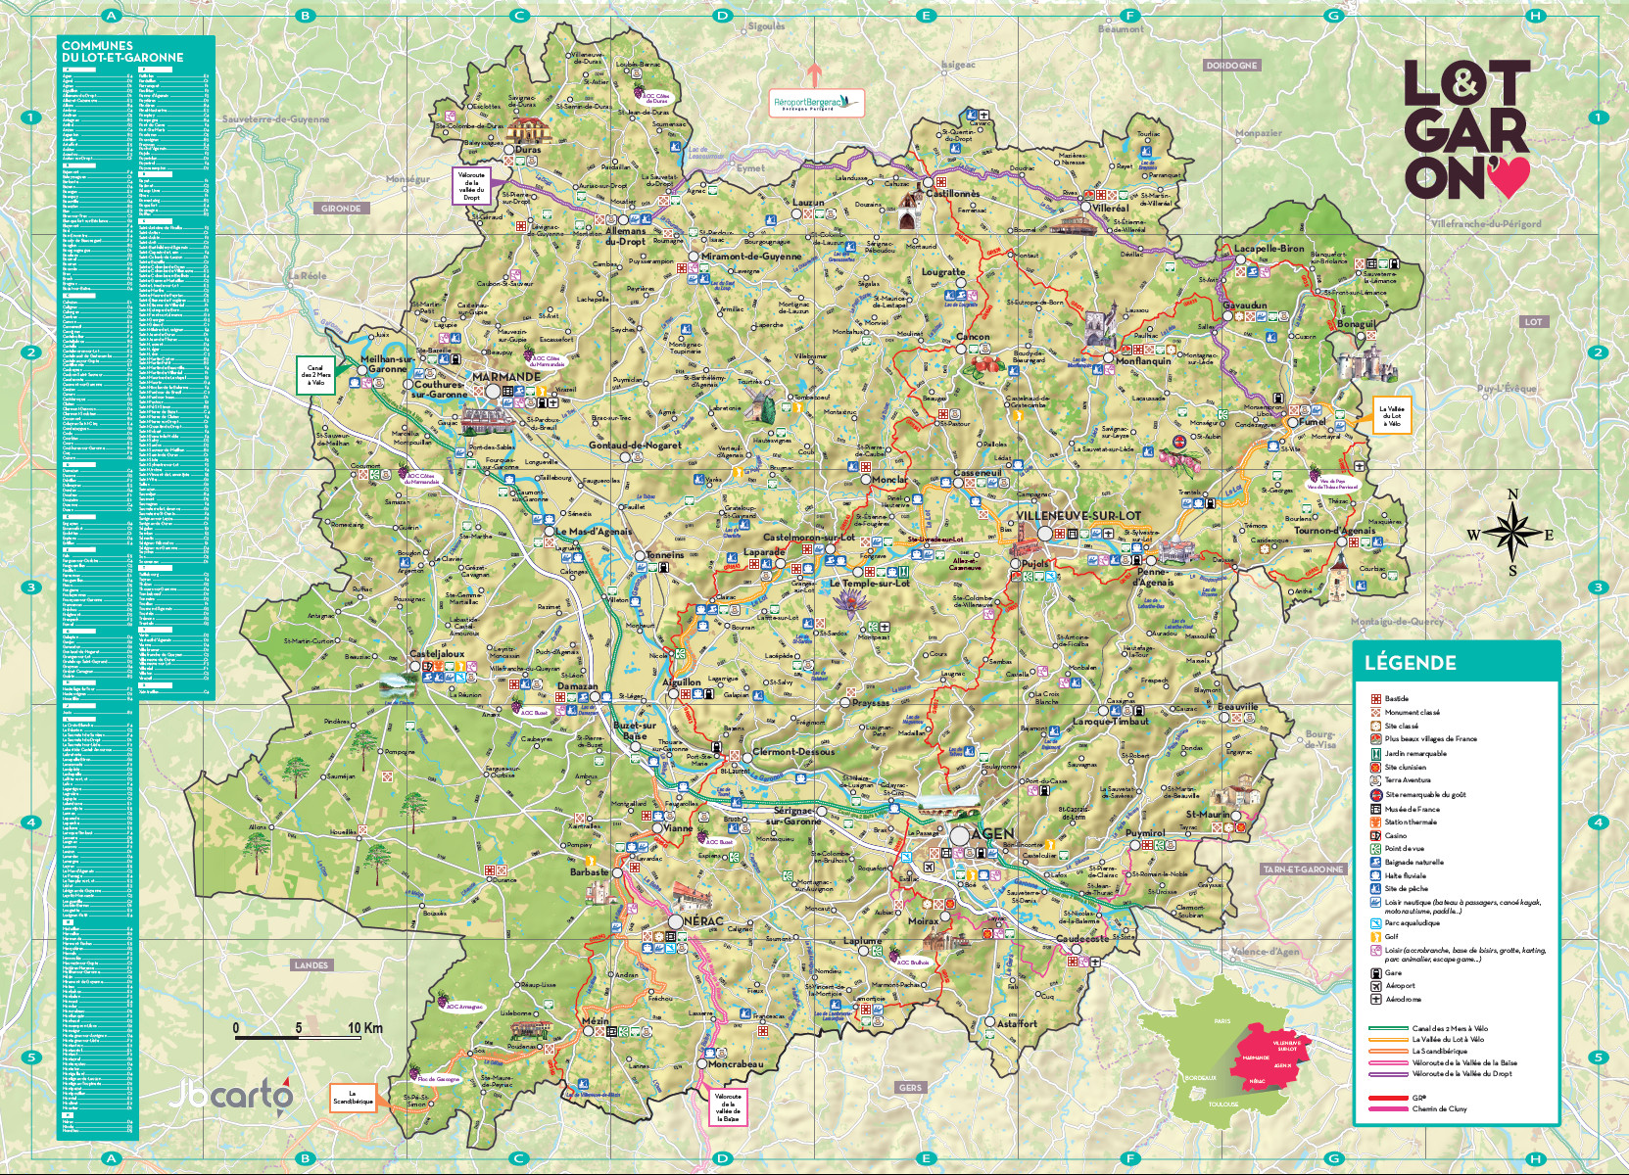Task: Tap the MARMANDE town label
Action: point(505,377)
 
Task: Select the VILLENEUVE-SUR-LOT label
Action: point(1078,516)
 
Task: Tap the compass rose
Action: point(1511,534)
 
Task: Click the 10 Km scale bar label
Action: point(365,1028)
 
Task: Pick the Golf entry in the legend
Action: point(1392,937)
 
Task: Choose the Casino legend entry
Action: point(1395,835)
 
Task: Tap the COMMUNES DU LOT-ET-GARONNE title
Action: point(121,51)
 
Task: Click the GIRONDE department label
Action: point(341,208)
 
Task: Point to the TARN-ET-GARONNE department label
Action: point(1303,869)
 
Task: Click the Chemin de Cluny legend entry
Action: point(1439,1109)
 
